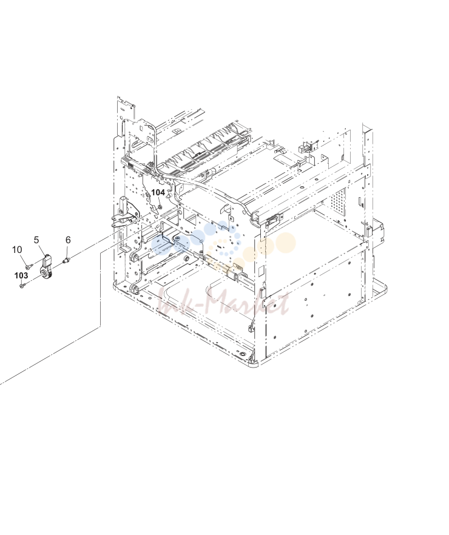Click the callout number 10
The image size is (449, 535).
[17, 250]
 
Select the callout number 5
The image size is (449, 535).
[36, 240]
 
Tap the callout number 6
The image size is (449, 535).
[68, 240]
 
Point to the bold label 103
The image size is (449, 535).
[21, 275]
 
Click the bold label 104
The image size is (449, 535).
[158, 192]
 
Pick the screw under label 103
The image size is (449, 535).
[22, 285]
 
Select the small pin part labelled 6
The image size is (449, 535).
[67, 261]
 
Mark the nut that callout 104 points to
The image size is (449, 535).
[161, 206]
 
